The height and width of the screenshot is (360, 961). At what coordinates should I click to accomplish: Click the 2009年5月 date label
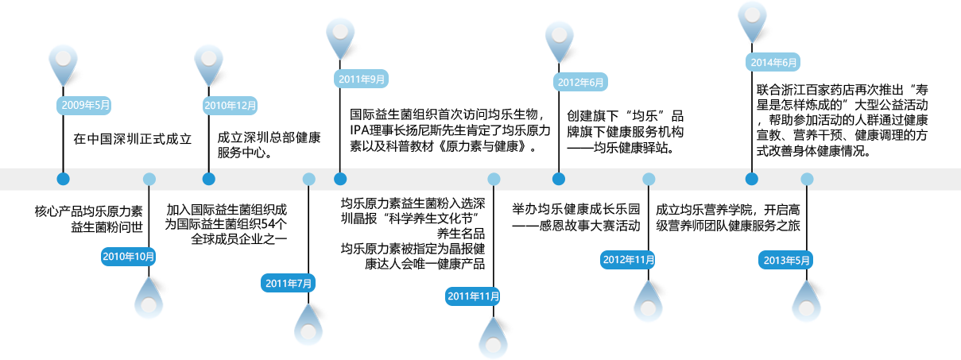click(85, 104)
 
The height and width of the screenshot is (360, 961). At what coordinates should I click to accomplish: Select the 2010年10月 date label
click(129, 256)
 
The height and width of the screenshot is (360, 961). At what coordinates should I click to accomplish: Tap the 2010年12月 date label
click(231, 104)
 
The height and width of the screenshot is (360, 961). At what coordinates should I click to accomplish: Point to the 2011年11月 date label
click(474, 296)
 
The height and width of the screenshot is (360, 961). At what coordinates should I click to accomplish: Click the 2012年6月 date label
click(580, 82)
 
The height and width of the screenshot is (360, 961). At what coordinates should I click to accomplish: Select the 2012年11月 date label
click(629, 260)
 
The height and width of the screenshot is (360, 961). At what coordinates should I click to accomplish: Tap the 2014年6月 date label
click(773, 63)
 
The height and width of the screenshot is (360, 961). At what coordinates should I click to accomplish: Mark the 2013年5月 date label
click(787, 260)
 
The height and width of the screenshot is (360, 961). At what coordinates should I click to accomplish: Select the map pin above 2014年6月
click(752, 20)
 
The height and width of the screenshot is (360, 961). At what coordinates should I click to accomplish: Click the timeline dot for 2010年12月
click(209, 179)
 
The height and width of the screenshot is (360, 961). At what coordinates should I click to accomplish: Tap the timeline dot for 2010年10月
click(149, 179)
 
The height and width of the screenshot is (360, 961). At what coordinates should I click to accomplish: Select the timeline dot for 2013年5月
click(807, 179)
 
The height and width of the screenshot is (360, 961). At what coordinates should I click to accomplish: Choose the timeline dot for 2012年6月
click(559, 179)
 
